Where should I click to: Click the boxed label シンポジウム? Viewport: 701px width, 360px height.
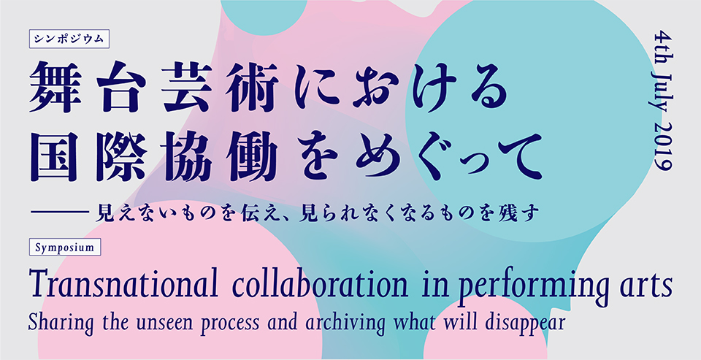pos(69,39)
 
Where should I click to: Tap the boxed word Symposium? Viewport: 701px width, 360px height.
pos(65,247)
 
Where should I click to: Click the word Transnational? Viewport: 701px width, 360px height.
pos(123,284)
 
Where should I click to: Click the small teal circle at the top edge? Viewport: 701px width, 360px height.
pos(264,13)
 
